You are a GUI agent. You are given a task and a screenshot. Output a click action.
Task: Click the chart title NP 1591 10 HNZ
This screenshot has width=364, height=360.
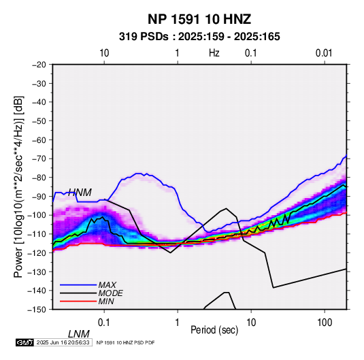(x=199, y=19)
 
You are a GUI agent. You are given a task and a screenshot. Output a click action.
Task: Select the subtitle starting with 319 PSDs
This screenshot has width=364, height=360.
(x=199, y=37)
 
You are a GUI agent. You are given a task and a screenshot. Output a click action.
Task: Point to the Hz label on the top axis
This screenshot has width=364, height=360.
(x=214, y=53)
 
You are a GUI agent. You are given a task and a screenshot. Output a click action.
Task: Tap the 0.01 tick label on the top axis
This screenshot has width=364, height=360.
(x=324, y=53)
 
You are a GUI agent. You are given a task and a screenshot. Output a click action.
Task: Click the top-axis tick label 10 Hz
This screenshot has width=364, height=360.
(x=104, y=53)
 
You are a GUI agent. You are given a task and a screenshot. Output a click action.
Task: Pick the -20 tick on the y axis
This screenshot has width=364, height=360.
(x=39, y=65)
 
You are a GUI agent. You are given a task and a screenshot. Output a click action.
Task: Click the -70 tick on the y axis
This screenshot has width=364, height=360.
(x=39, y=159)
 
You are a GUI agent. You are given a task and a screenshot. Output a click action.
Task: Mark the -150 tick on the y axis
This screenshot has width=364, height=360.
(x=37, y=310)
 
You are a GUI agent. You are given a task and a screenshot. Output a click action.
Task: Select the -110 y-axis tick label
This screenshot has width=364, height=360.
(x=37, y=234)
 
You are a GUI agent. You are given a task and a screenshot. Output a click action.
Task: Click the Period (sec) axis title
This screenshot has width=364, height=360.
(x=214, y=330)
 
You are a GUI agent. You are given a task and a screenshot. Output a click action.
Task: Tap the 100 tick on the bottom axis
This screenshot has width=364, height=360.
(x=325, y=323)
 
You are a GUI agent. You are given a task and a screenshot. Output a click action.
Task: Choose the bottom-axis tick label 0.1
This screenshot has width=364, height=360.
(x=104, y=323)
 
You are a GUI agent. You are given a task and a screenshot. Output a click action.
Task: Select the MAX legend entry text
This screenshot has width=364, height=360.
(x=107, y=285)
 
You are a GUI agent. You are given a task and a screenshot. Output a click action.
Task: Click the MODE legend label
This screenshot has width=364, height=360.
(x=110, y=293)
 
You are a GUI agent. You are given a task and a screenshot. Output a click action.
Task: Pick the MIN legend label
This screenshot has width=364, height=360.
(x=106, y=301)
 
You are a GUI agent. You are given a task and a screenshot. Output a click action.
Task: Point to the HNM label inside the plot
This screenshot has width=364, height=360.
(x=80, y=193)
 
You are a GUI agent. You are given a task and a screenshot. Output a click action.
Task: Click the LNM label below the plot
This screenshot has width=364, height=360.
(x=79, y=334)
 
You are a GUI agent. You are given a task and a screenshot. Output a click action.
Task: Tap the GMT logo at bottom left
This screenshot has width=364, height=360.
(x=24, y=342)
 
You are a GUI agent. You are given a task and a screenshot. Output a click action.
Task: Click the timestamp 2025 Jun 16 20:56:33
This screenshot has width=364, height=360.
(x=63, y=342)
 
